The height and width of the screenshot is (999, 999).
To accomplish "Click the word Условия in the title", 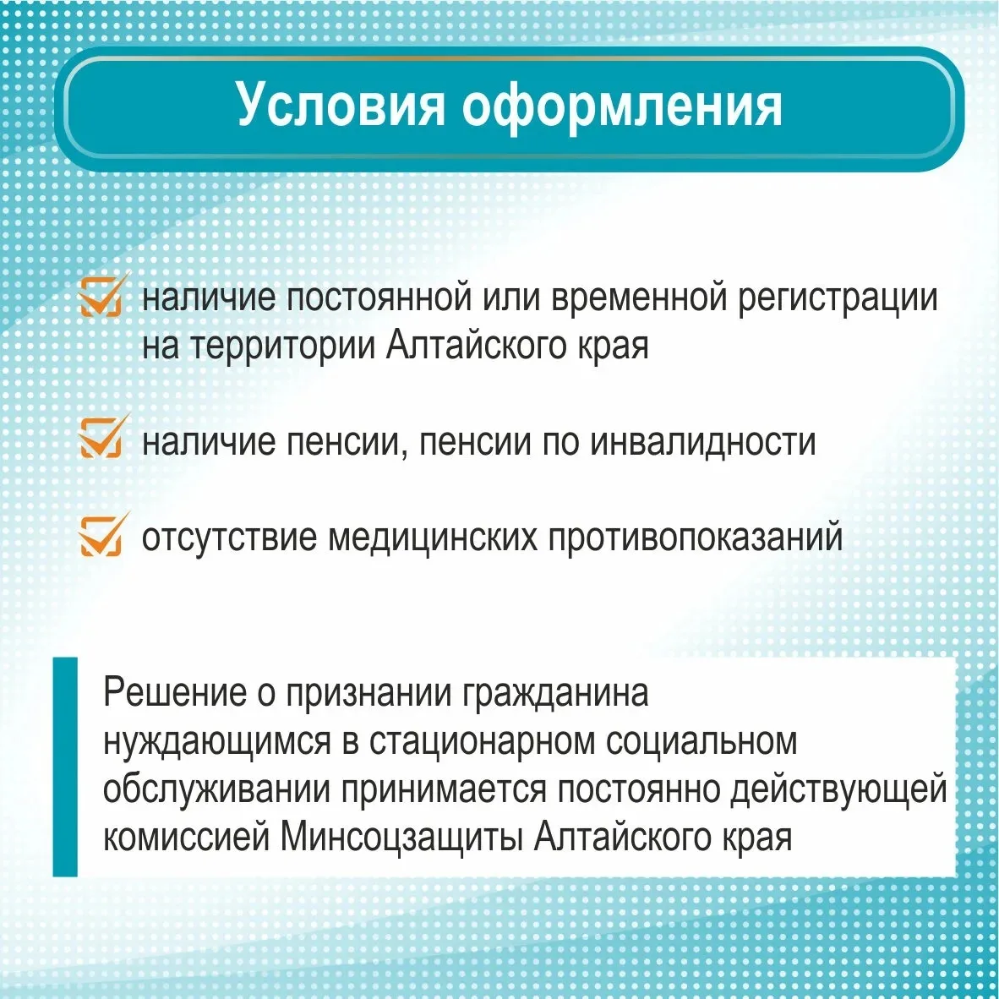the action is click(x=341, y=104).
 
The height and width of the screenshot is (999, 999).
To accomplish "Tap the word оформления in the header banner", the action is click(x=622, y=106).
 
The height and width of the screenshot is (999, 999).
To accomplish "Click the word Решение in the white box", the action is click(x=175, y=692).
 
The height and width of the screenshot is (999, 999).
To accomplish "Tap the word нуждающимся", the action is click(x=217, y=742).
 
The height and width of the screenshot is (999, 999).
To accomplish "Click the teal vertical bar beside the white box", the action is click(x=65, y=767).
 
